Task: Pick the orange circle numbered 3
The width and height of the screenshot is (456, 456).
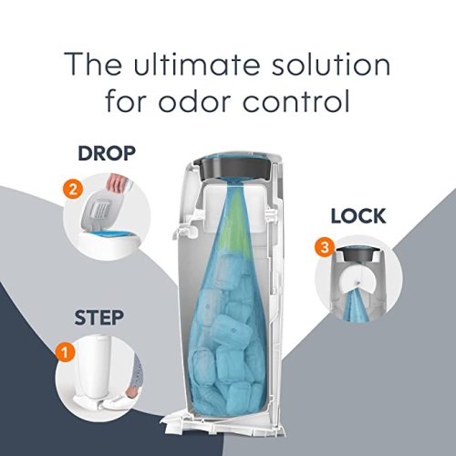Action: (x=321, y=246)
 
